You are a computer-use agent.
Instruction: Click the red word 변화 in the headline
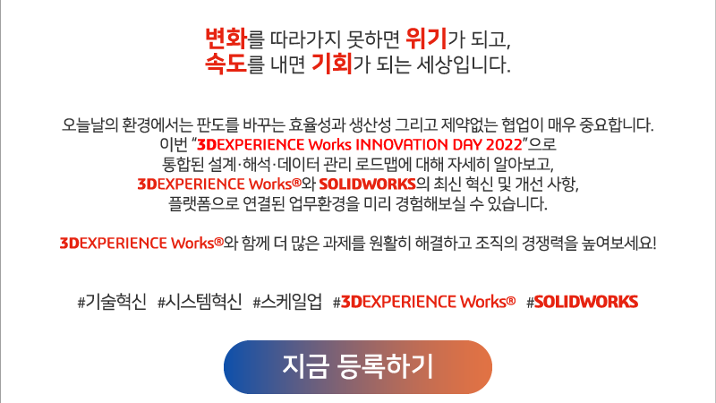point(226,39)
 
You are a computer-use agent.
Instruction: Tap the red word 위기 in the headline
point(426,39)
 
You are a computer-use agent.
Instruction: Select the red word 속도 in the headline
point(226,64)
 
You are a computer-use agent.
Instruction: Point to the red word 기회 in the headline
point(332,64)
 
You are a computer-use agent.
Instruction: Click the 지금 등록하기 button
point(357,367)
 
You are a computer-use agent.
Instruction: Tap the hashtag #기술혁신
point(112,302)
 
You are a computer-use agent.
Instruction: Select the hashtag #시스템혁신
point(200,302)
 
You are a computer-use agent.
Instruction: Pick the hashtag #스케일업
point(287,302)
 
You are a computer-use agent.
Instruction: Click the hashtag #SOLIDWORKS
point(583,302)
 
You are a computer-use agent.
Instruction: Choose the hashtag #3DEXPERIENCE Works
point(424,302)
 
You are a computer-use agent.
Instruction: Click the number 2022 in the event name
point(504,145)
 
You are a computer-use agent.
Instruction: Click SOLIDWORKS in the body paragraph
point(367,184)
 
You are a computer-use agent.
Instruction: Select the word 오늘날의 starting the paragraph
point(90,124)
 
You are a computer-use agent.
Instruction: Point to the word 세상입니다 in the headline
point(463,64)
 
